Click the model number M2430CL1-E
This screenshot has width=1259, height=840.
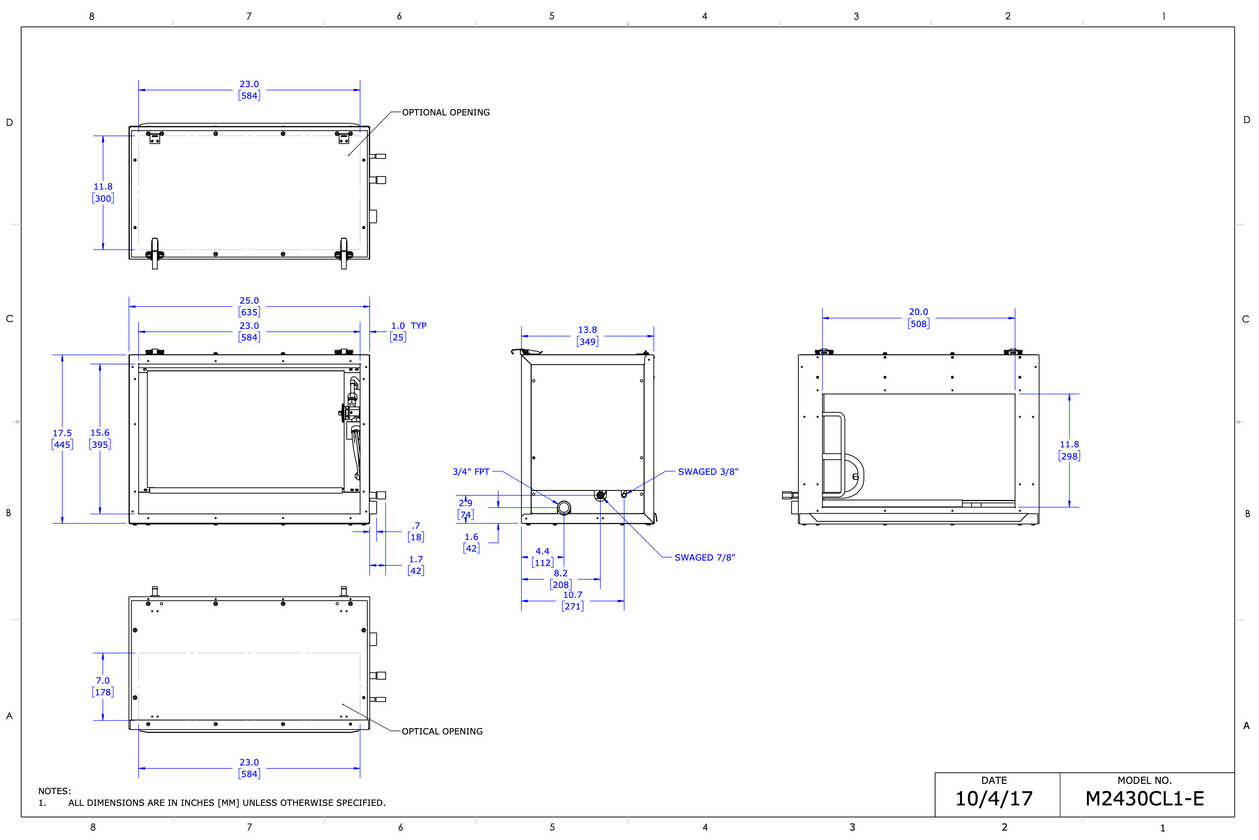pyautogui.click(x=1145, y=799)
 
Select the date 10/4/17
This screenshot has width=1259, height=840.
pyautogui.click(x=994, y=799)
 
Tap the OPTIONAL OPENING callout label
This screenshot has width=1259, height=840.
pyautogui.click(x=445, y=112)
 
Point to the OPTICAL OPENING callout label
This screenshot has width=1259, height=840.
pyautogui.click(x=442, y=731)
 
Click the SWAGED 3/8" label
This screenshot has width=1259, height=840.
pyautogui.click(x=708, y=471)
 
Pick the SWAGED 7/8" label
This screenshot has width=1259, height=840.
pyautogui.click(x=705, y=557)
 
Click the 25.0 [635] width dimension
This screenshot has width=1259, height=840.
pyautogui.click(x=249, y=306)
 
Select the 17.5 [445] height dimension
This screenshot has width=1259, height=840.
pyautogui.click(x=62, y=439)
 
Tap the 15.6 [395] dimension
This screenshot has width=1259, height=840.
pyautogui.click(x=100, y=438)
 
